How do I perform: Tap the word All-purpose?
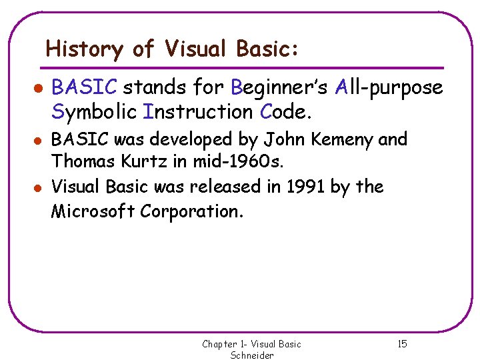[389, 87]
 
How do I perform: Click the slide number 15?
[401, 344]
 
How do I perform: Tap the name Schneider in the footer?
[252, 355]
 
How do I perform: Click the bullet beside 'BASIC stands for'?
[39, 88]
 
